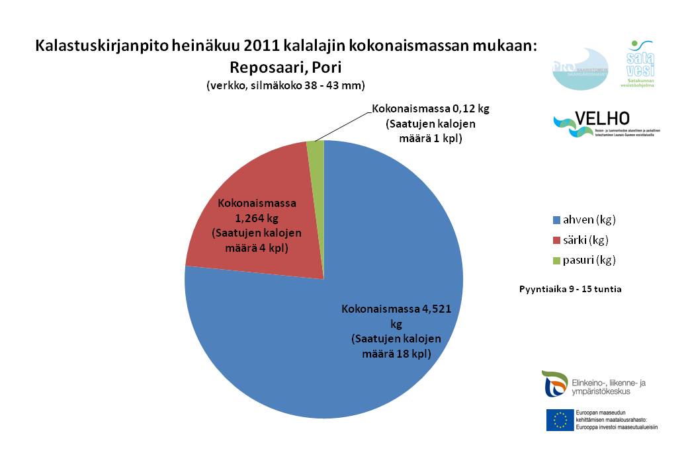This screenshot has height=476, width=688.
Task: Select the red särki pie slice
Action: (x=258, y=198)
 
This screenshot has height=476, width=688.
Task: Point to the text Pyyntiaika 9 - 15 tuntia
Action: (x=570, y=289)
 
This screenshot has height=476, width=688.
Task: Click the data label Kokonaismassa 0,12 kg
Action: (x=430, y=108)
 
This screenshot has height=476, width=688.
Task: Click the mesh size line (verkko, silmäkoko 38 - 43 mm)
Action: (x=286, y=85)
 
